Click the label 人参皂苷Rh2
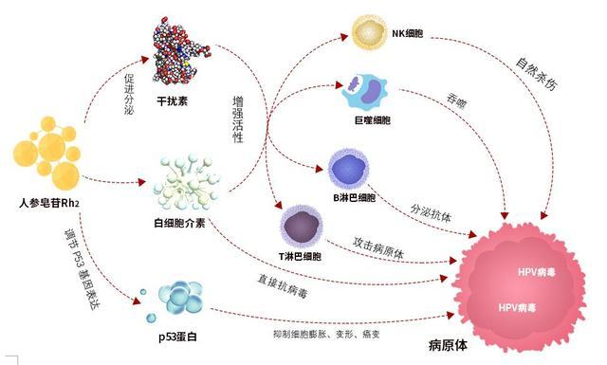(x=49, y=203)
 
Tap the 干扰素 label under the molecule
(x=173, y=101)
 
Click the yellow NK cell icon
(x=369, y=32)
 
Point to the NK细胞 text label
(x=407, y=33)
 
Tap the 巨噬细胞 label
(x=373, y=120)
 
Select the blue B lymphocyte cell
(x=348, y=169)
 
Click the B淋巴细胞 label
(x=354, y=198)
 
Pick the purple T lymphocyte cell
(x=302, y=227)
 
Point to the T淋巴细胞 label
(x=300, y=257)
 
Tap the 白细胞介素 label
(x=179, y=224)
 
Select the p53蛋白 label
(x=177, y=337)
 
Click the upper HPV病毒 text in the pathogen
(x=536, y=272)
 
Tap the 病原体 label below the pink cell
(x=448, y=345)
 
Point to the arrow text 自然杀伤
(x=537, y=74)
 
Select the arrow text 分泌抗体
(x=431, y=213)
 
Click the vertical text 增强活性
(x=238, y=119)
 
